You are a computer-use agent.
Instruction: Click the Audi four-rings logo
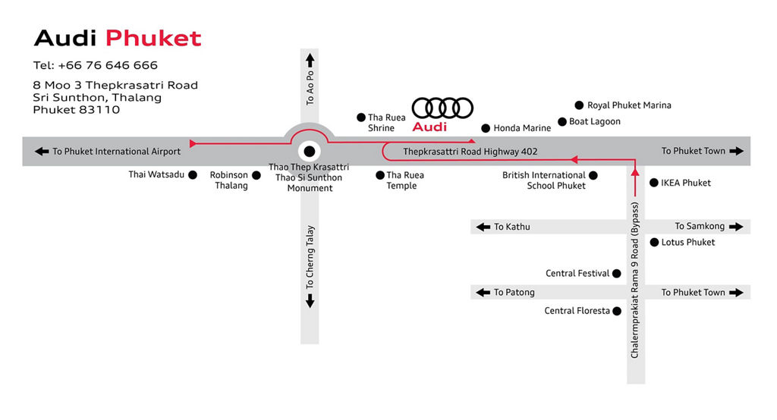point(442,108)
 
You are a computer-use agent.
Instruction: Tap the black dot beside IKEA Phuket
point(653,183)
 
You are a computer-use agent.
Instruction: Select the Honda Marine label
point(522,128)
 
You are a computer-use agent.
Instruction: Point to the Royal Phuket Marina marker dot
point(579,105)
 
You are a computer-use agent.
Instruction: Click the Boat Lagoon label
point(595,121)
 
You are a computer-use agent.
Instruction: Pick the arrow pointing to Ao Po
point(310,61)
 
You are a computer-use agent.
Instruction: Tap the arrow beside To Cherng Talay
point(310,301)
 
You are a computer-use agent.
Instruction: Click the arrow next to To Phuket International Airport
point(42,151)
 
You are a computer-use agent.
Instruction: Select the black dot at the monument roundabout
point(310,151)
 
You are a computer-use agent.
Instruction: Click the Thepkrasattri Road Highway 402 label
point(470,152)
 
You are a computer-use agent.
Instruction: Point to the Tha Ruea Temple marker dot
point(380,175)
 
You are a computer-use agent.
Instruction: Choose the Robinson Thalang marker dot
point(256,175)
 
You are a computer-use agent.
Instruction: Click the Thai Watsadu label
point(156,174)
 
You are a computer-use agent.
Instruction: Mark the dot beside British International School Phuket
point(593,175)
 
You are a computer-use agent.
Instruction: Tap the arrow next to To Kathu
point(483,227)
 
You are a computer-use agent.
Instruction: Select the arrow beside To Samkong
point(736,227)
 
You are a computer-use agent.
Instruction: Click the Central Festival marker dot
point(616,274)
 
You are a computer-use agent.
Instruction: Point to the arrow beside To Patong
point(483,292)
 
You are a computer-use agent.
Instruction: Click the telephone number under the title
point(95,65)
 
